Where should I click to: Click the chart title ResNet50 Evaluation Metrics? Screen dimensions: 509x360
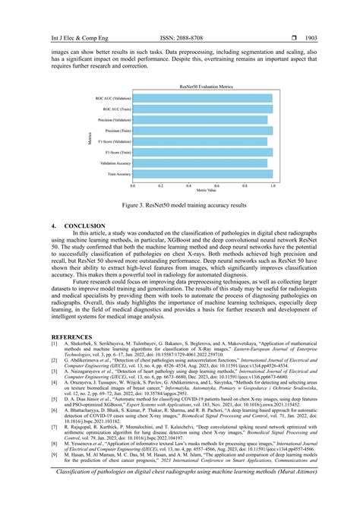coord(201,90)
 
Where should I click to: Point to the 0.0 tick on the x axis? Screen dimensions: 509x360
coord(134,185)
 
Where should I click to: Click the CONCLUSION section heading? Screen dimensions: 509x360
coord(81,226)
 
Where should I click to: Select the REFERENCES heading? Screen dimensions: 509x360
coord(72,336)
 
